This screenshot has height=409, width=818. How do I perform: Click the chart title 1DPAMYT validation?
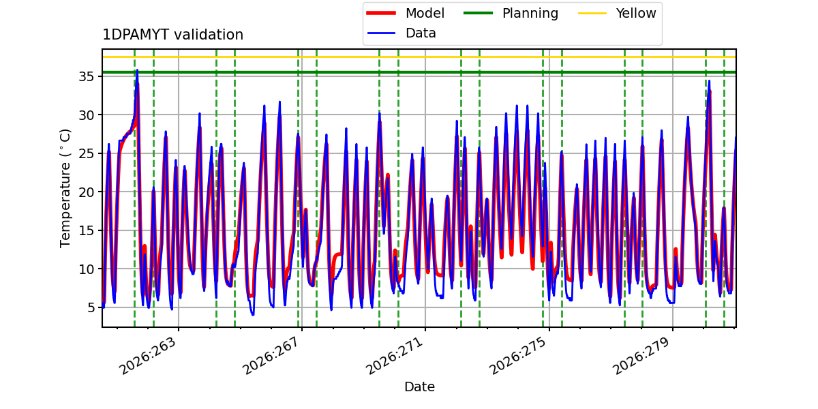pyautogui.click(x=172, y=35)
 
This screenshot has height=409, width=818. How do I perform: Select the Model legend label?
pyautogui.click(x=425, y=13)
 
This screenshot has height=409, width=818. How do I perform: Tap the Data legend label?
pyautogui.click(x=421, y=33)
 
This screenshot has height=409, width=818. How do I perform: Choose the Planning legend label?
pyautogui.click(x=530, y=13)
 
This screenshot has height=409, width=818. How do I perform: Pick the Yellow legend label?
pyautogui.click(x=636, y=13)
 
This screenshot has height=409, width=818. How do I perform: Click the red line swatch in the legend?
pyautogui.click(x=381, y=13)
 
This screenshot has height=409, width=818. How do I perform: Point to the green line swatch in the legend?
pyautogui.click(x=478, y=13)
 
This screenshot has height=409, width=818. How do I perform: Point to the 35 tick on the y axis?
pyautogui.click(x=87, y=76)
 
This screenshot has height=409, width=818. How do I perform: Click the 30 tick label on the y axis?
pyautogui.click(x=87, y=115)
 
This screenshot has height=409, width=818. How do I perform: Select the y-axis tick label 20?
pyautogui.click(x=87, y=192)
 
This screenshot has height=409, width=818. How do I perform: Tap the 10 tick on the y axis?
pyautogui.click(x=87, y=269)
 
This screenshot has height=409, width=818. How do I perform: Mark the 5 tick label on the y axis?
pyautogui.click(x=91, y=307)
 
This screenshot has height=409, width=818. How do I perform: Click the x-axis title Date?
pyautogui.click(x=419, y=387)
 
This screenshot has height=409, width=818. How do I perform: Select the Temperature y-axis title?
pyautogui.click(x=65, y=188)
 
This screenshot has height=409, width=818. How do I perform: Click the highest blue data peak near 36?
pyautogui.click(x=137, y=70)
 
